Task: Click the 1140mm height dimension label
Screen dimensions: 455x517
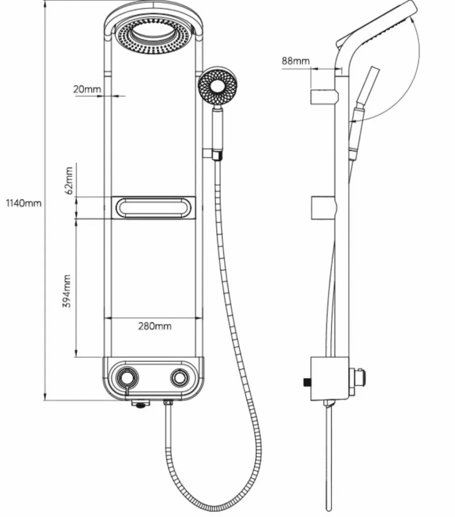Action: tap(24, 203)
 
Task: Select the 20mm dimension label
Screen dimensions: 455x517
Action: tap(87, 89)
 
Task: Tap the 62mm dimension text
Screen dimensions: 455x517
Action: tap(69, 181)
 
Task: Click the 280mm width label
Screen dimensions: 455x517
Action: tap(155, 326)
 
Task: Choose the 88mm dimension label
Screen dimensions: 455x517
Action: tap(296, 61)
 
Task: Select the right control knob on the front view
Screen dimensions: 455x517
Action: tap(180, 378)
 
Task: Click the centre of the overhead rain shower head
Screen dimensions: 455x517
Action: tap(153, 37)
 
